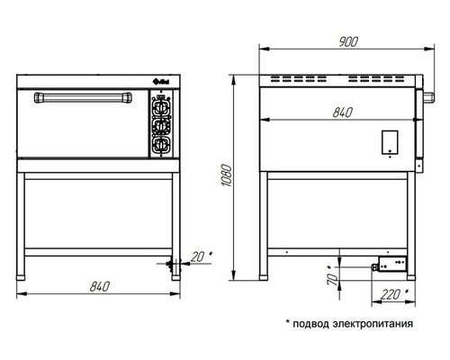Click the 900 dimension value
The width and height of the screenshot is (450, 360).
pyautogui.click(x=348, y=41)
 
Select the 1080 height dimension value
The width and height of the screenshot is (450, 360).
pyautogui.click(x=227, y=175)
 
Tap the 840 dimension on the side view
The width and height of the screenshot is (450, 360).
pyautogui.click(x=343, y=112)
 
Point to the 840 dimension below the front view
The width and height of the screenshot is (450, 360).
pyautogui.click(x=100, y=286)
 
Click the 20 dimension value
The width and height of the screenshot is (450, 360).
pyautogui.click(x=198, y=256)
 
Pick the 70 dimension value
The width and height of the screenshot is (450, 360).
pyautogui.click(x=332, y=279)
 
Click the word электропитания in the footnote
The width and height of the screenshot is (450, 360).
pyautogui.click(x=373, y=324)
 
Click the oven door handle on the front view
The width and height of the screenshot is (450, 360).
pyautogui.click(x=83, y=97)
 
